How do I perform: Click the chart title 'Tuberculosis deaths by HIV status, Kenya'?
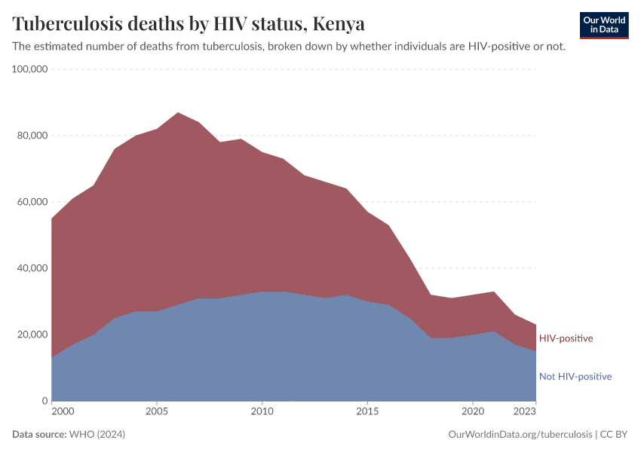pyautogui.click(x=189, y=23)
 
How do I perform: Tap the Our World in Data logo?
pyautogui.click(x=603, y=25)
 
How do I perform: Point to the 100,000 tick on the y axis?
pyautogui.click(x=30, y=69)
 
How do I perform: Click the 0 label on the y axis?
pyautogui.click(x=45, y=401)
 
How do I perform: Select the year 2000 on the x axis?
pyautogui.click(x=63, y=412)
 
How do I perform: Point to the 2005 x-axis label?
pyautogui.click(x=156, y=412)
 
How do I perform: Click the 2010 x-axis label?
pyautogui.click(x=262, y=412)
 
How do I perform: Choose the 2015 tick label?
pyautogui.click(x=367, y=412)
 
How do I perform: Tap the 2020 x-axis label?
pyautogui.click(x=472, y=412)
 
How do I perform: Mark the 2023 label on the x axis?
pyautogui.click(x=525, y=412)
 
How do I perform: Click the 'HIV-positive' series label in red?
pyautogui.click(x=566, y=338)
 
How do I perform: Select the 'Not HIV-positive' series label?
pyautogui.click(x=575, y=377)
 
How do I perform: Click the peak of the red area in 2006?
pyautogui.click(x=177, y=113)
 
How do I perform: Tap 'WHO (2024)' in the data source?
pyautogui.click(x=97, y=435)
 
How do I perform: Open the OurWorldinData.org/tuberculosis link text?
pyautogui.click(x=520, y=435)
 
